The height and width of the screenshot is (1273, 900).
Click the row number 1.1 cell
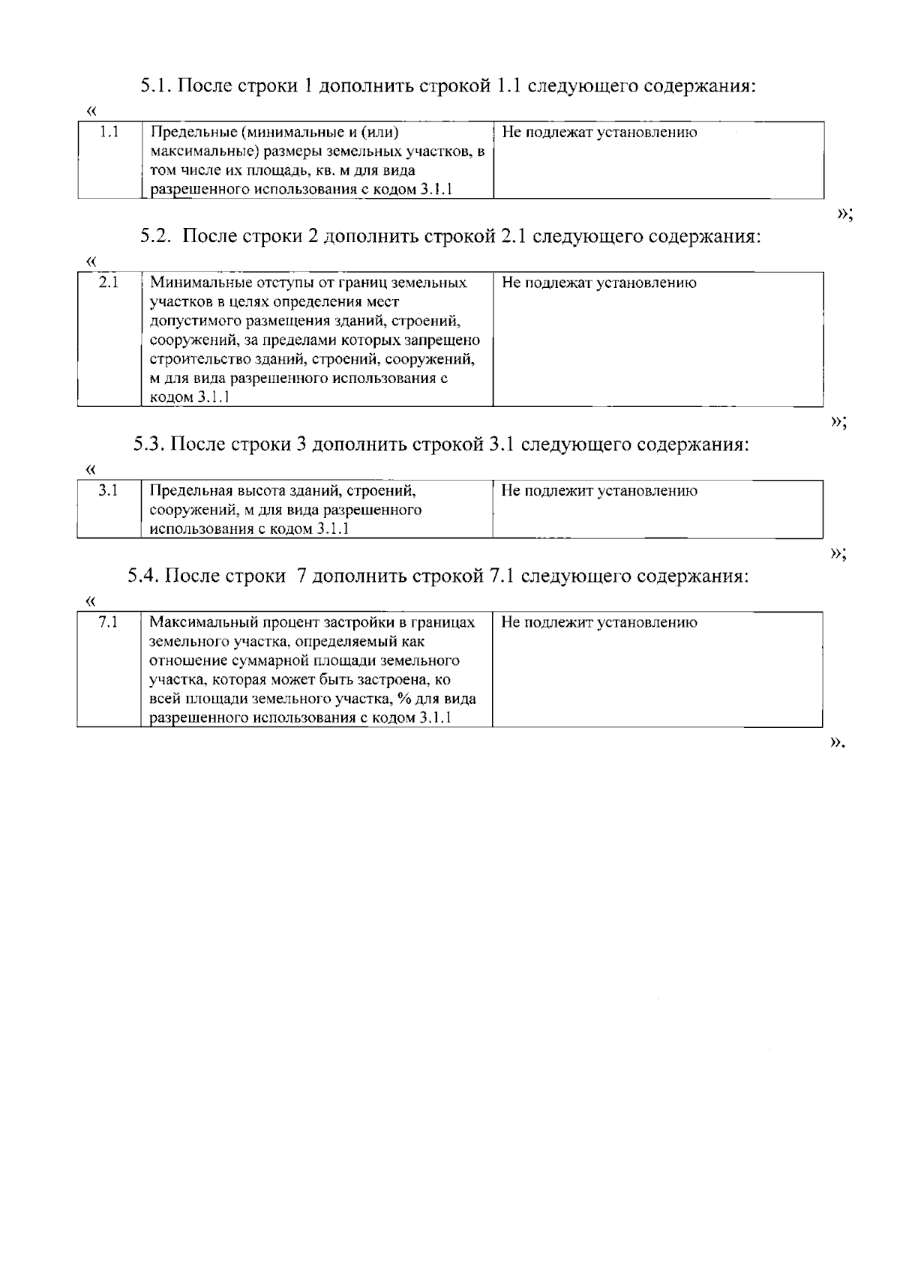tap(109, 133)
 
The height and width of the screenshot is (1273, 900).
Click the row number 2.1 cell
tap(109, 283)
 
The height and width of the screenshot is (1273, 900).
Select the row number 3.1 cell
tap(109, 491)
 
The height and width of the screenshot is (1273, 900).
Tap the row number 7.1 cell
tap(109, 622)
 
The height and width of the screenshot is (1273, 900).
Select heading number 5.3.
tap(149, 444)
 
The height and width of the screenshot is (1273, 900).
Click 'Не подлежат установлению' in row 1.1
tap(598, 133)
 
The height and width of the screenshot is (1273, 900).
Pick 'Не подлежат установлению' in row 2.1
tap(598, 283)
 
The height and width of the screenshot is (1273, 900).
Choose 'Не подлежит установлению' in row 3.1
tap(598, 491)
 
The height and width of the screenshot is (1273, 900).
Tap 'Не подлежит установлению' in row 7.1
tap(598, 622)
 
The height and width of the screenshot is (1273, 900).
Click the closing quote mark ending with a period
tap(837, 744)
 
